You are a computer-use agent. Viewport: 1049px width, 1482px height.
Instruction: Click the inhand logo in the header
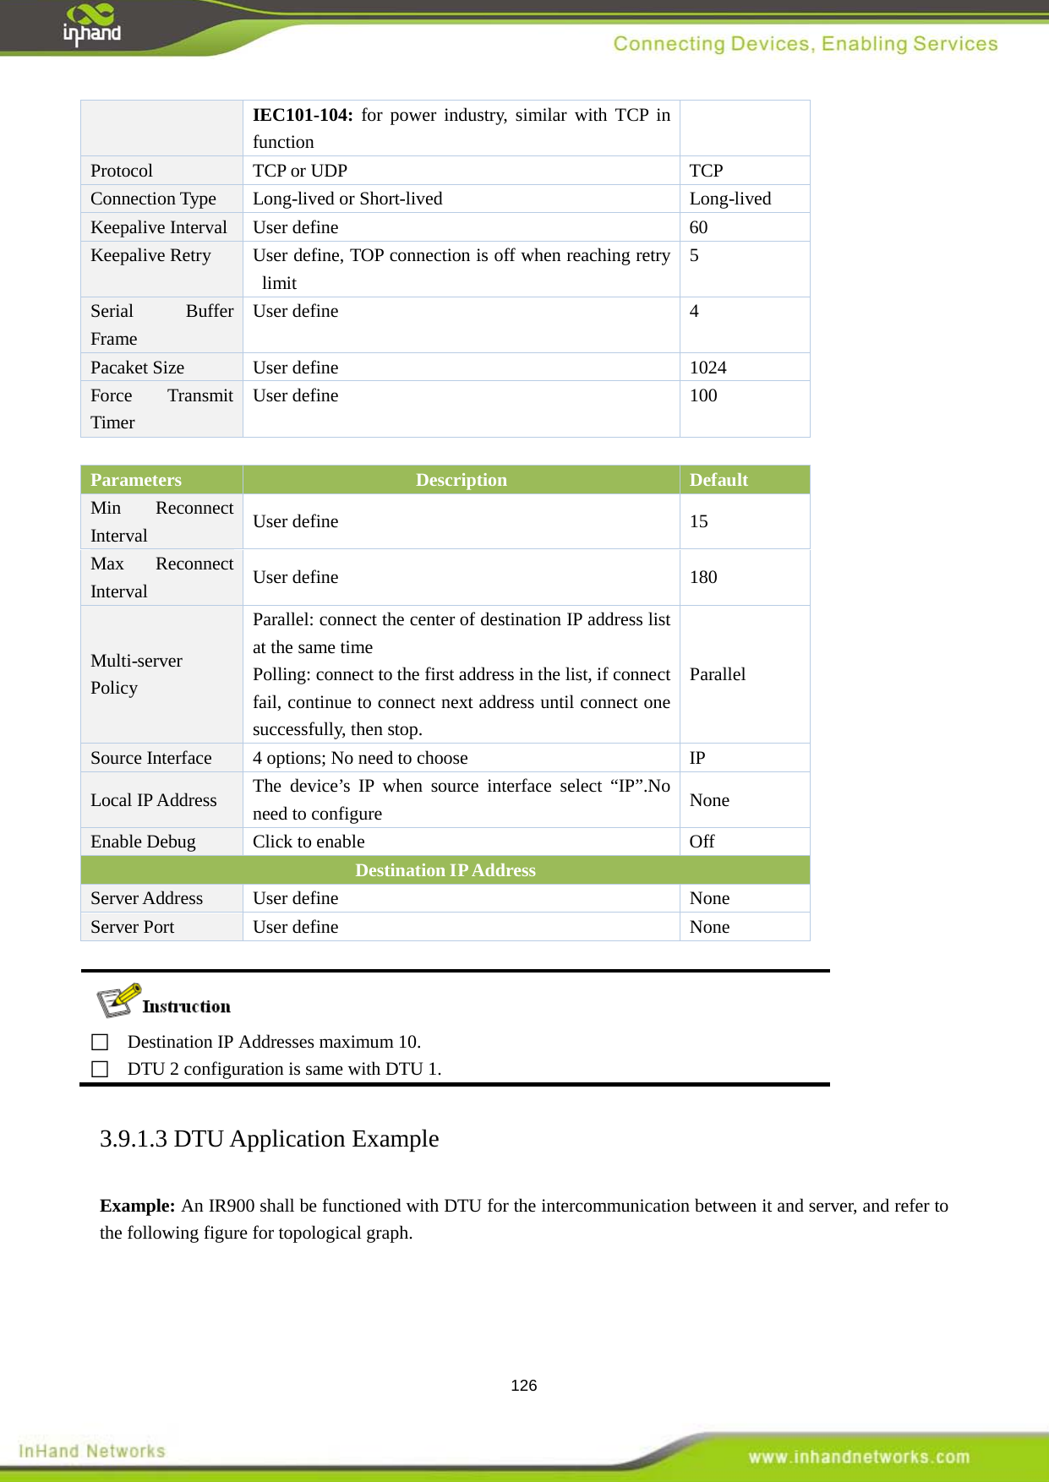point(91,25)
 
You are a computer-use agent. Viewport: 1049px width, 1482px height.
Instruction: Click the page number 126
point(523,1385)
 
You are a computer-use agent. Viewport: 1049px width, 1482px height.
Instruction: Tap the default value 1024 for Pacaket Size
point(708,368)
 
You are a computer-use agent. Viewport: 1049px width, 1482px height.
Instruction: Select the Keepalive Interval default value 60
point(698,227)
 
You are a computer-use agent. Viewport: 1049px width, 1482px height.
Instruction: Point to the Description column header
point(461,480)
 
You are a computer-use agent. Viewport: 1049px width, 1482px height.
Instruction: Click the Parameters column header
point(136,480)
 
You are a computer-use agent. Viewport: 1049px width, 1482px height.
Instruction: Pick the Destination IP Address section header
point(445,870)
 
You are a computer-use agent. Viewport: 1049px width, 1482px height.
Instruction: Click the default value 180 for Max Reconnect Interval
point(703,577)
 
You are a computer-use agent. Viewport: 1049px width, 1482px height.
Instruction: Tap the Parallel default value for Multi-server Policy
point(717,674)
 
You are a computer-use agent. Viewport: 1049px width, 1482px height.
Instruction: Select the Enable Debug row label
point(143,842)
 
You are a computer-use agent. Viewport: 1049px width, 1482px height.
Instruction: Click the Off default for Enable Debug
point(702,842)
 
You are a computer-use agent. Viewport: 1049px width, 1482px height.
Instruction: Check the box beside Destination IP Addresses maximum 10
point(100,1042)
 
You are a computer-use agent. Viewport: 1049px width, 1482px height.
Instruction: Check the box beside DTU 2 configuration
point(100,1069)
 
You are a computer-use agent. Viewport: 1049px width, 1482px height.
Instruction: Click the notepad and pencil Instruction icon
point(117,1001)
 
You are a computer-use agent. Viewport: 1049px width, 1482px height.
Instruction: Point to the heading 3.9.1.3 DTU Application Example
point(269,1139)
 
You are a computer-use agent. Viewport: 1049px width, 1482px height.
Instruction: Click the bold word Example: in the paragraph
point(137,1206)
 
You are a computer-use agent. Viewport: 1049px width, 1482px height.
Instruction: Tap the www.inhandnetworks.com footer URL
point(858,1457)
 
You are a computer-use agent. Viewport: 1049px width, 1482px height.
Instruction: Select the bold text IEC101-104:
point(302,115)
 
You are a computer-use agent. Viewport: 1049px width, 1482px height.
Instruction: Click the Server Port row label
point(132,927)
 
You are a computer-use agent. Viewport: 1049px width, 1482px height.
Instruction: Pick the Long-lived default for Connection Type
point(729,199)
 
